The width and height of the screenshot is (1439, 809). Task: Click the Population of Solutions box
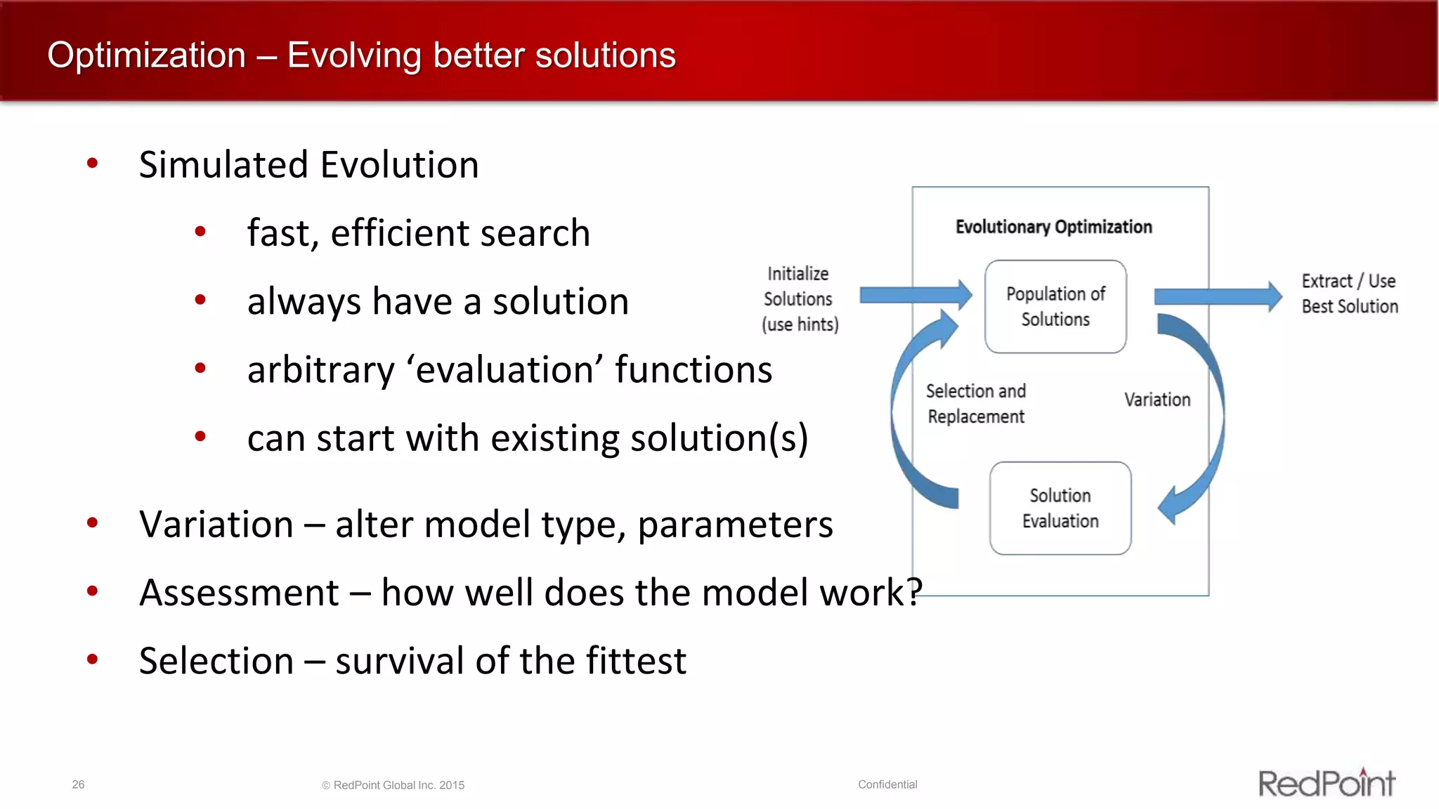(x=1055, y=306)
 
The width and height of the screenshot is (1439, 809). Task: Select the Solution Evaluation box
(x=1060, y=508)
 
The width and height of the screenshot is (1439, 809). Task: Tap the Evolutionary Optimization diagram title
(x=1053, y=227)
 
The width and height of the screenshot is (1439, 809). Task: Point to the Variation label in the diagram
(x=1157, y=400)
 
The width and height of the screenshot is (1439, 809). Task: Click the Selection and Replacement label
(x=976, y=404)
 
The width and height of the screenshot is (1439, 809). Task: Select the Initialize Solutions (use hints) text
(x=800, y=299)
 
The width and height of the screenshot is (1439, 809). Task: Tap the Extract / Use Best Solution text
(x=1349, y=294)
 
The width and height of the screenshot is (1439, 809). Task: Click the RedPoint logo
(x=1326, y=783)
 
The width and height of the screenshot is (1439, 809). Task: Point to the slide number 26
(x=78, y=784)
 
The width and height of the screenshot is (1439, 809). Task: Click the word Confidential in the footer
(x=887, y=784)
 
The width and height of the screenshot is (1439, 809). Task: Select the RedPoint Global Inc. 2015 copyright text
(x=393, y=785)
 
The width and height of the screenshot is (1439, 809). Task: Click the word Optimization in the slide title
(x=146, y=55)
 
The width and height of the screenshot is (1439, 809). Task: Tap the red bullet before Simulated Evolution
(x=92, y=164)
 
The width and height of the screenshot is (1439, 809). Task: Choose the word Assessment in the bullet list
(x=239, y=593)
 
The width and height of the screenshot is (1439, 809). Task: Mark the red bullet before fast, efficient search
(x=200, y=232)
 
